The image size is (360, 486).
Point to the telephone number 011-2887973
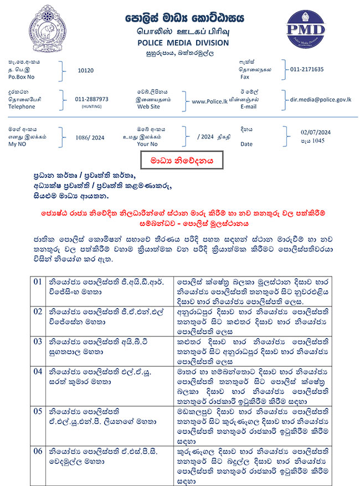[x=91, y=99]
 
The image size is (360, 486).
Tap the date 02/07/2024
[x=315, y=132]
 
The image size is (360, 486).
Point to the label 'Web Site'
[x=148, y=107]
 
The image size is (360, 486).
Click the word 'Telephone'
[x=22, y=107]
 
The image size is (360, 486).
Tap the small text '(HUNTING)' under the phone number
[x=91, y=106]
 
